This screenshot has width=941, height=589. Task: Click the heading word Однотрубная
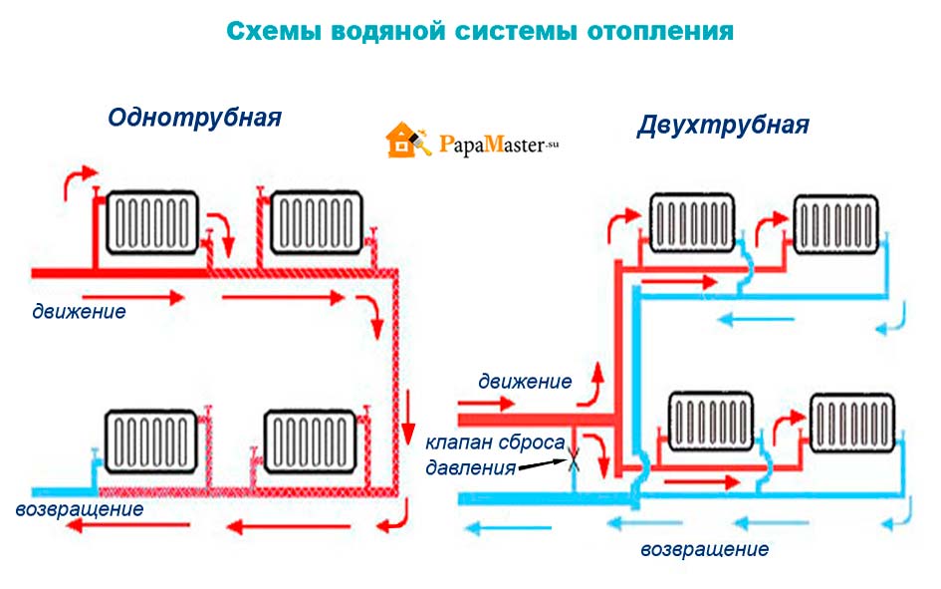(195, 118)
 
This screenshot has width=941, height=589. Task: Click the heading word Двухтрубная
(723, 126)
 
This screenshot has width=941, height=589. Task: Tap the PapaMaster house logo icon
(404, 142)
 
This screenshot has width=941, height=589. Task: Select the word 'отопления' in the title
(659, 31)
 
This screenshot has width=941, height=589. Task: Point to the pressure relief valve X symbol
(575, 461)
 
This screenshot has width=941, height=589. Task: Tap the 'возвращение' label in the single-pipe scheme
(80, 509)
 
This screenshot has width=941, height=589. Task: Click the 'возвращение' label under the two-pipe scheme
(704, 549)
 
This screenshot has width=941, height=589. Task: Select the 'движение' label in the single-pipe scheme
(78, 311)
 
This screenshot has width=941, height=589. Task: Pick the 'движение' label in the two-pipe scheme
(525, 381)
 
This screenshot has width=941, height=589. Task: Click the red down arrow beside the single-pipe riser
(408, 419)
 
